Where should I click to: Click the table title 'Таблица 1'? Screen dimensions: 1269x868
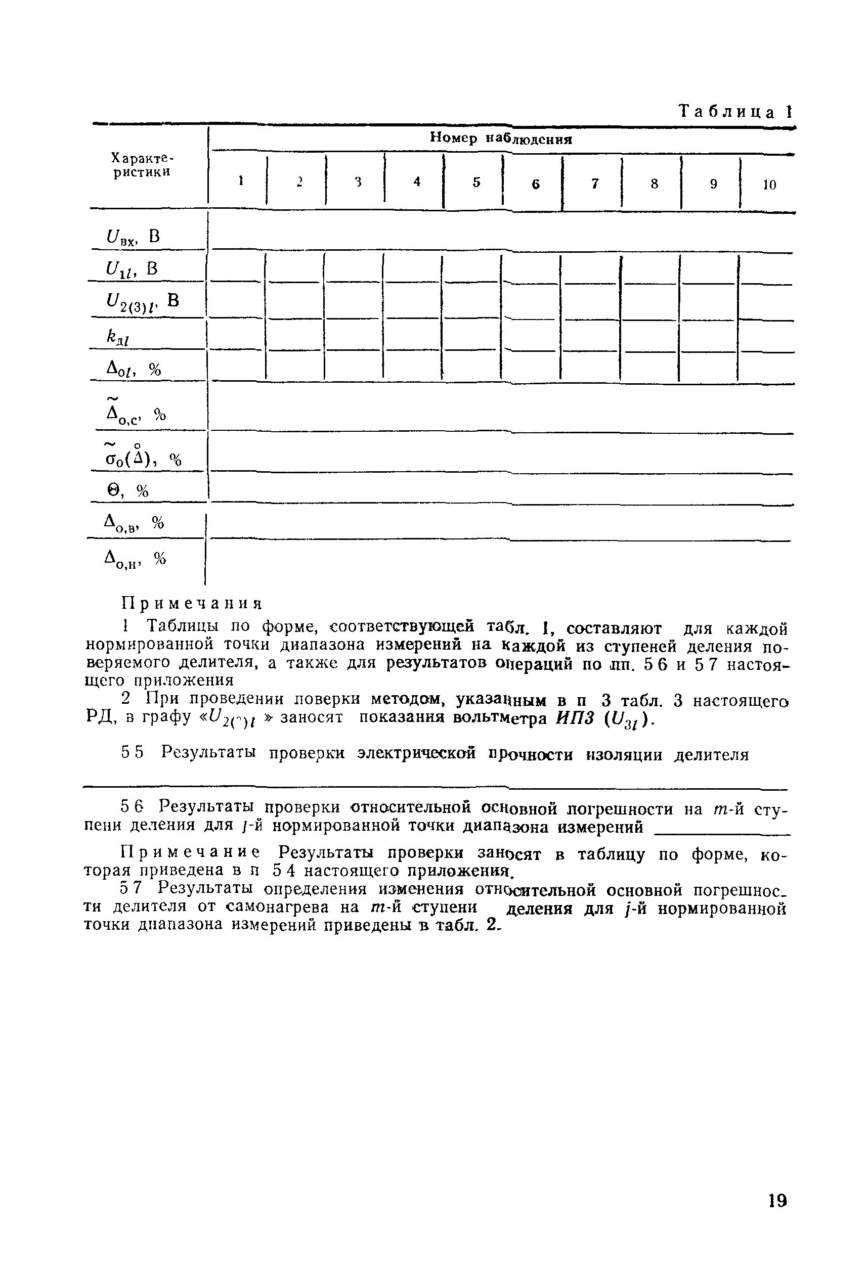(734, 112)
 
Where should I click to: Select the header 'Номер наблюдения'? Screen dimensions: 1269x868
(500, 138)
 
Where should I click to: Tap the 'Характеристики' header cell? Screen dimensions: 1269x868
(142, 165)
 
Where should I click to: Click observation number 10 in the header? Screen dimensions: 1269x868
(769, 185)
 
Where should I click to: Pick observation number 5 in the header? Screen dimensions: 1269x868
(476, 183)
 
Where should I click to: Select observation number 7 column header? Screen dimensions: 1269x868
(595, 184)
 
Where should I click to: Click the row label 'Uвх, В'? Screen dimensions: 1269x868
(134, 237)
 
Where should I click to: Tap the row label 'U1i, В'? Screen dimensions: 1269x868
(132, 268)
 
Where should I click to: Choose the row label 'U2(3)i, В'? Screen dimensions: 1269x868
(142, 302)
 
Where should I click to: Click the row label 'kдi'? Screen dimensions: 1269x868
(117, 339)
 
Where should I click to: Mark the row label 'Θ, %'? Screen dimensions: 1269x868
(127, 491)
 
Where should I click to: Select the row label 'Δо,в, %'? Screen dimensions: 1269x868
(134, 524)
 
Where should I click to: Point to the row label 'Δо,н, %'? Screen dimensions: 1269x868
(135, 559)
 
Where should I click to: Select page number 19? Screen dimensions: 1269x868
(777, 1200)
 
